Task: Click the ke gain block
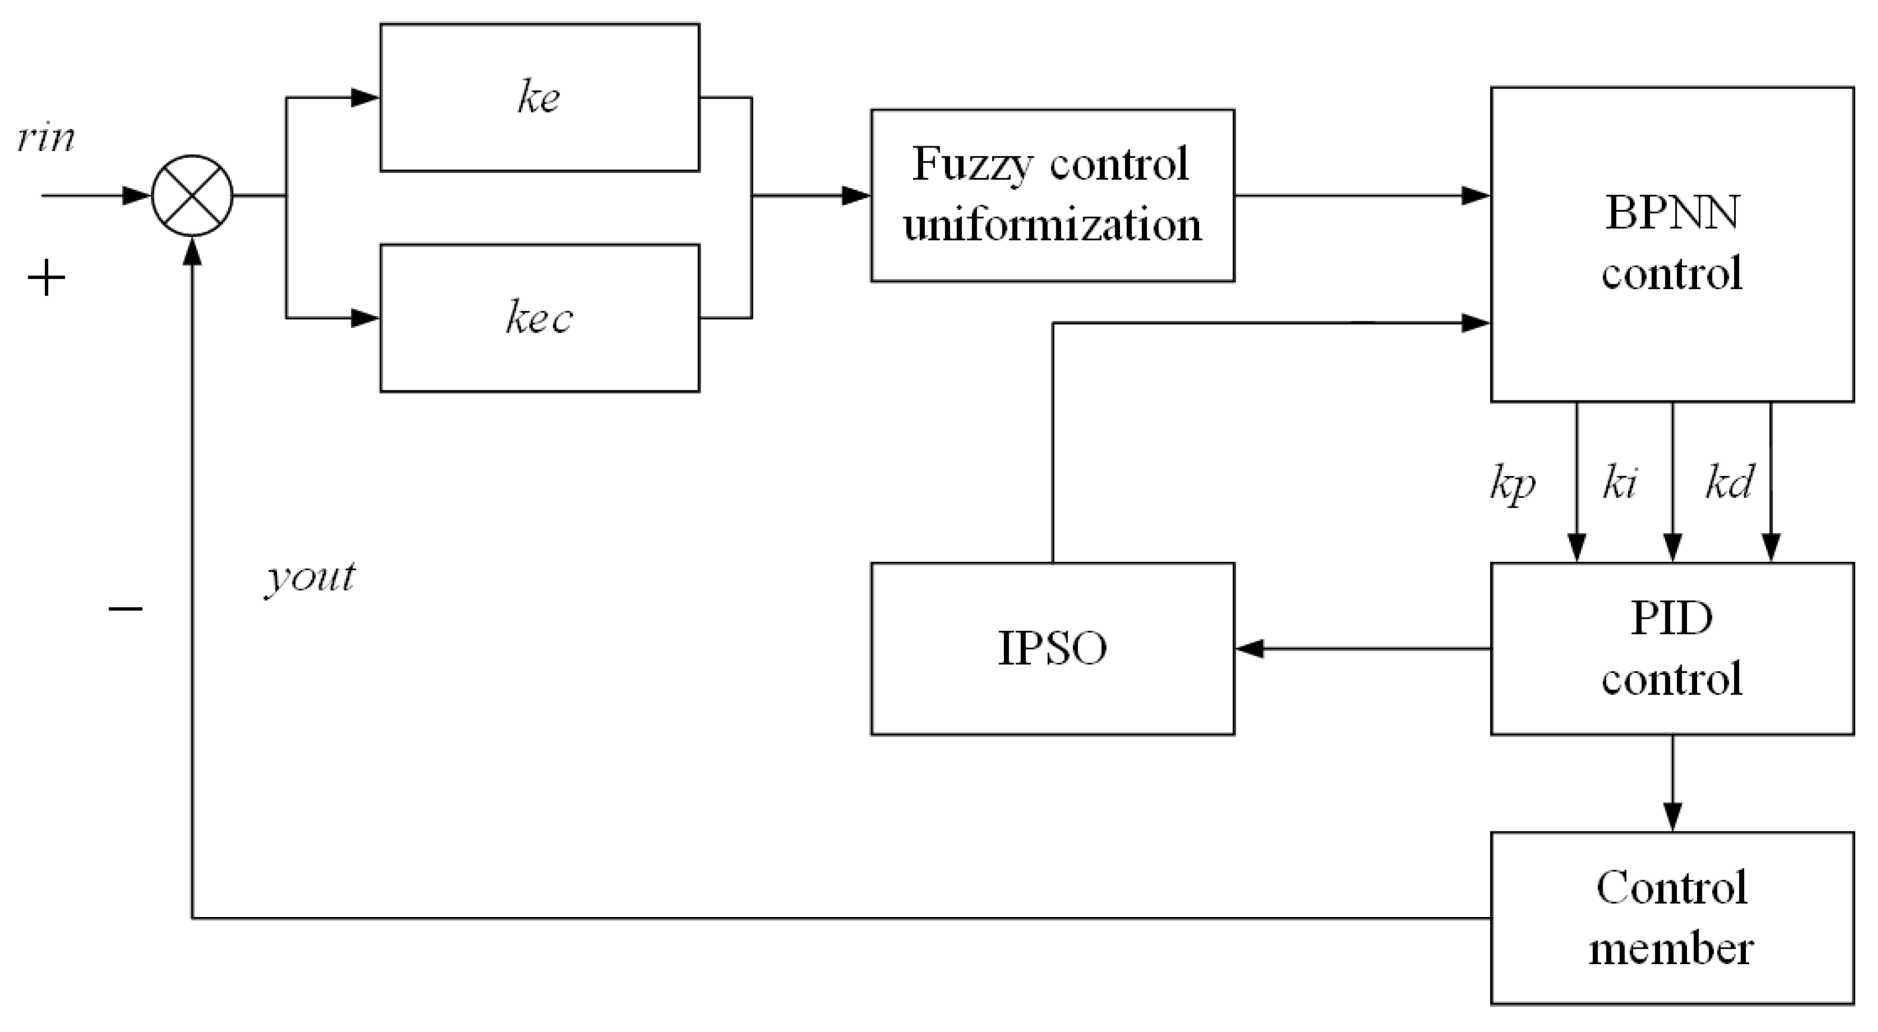click(x=539, y=98)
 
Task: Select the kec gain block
click(x=539, y=318)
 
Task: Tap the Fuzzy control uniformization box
click(x=1052, y=195)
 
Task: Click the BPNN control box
click(x=1672, y=244)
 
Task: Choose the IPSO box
click(x=1052, y=648)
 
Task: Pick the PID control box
click(x=1672, y=648)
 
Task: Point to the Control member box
click(x=1672, y=918)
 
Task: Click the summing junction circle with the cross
click(x=192, y=195)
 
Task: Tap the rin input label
click(x=46, y=137)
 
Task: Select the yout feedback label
click(x=311, y=578)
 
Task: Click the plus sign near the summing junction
click(x=46, y=278)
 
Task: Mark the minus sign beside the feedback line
click(x=126, y=608)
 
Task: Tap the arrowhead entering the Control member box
click(x=1672, y=817)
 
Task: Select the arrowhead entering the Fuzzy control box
click(x=856, y=195)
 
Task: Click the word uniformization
click(x=1052, y=225)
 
